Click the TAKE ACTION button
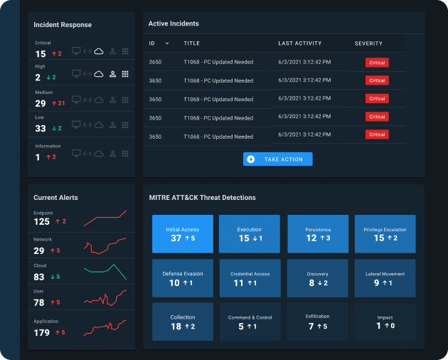click(277, 159)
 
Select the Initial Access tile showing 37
click(182, 234)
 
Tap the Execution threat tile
click(249, 234)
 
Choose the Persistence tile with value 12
click(318, 234)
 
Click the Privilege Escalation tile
click(385, 234)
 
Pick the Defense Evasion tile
click(182, 278)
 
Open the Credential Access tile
click(249, 278)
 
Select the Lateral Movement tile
click(385, 278)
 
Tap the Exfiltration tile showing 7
click(318, 322)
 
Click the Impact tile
click(385, 322)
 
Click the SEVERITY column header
click(368, 43)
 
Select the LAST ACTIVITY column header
click(299, 43)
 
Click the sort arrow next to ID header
click(167, 43)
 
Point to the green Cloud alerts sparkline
click(105, 271)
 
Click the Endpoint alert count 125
click(41, 221)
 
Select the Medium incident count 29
click(41, 103)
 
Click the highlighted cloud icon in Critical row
click(99, 51)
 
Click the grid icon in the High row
click(125, 74)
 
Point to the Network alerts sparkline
click(105, 245)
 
